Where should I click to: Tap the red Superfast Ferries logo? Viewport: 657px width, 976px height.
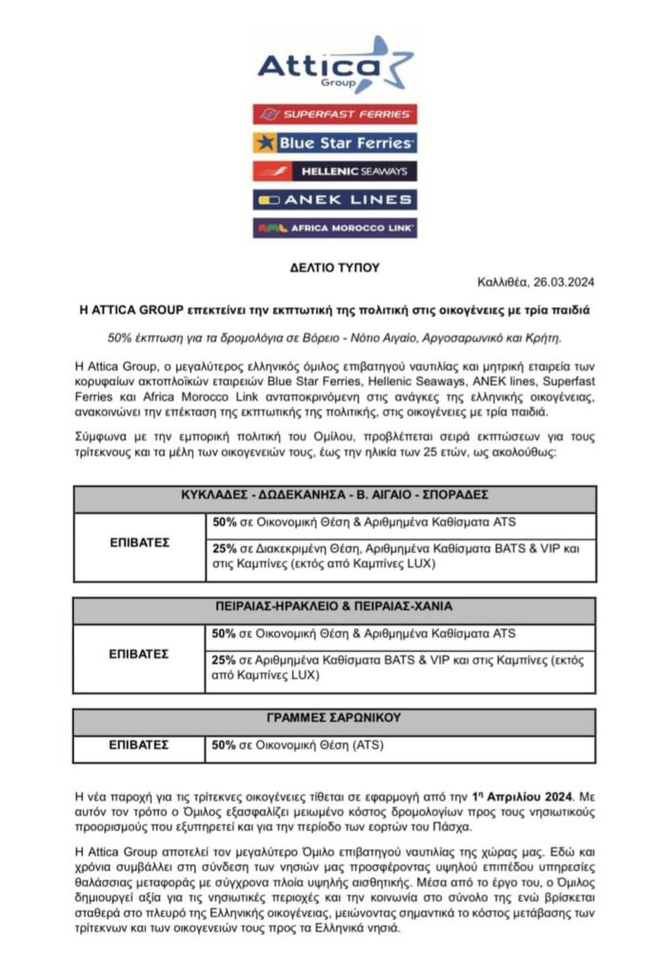tap(334, 114)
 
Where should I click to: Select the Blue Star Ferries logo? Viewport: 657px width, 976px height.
tap(334, 143)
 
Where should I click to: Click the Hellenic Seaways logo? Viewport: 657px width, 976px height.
tap(334, 172)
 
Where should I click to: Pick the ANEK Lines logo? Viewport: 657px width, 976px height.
tap(334, 200)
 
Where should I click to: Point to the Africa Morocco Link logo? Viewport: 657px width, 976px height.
tap(334, 229)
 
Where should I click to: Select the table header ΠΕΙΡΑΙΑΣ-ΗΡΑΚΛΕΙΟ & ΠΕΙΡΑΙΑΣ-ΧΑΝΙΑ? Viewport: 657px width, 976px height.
tap(334, 606)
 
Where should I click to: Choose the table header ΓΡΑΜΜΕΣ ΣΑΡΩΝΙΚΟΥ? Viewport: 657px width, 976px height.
tap(334, 718)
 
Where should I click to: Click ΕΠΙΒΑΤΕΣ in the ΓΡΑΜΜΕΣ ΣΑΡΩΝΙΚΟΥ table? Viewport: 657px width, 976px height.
tap(139, 744)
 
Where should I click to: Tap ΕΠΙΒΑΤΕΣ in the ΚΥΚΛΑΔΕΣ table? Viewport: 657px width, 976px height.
tap(139, 542)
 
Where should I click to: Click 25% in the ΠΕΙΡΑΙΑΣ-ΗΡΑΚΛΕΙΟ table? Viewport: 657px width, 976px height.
tap(224, 661)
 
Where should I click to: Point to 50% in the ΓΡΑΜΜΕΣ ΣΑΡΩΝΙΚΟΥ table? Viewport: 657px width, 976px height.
tap(224, 744)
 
